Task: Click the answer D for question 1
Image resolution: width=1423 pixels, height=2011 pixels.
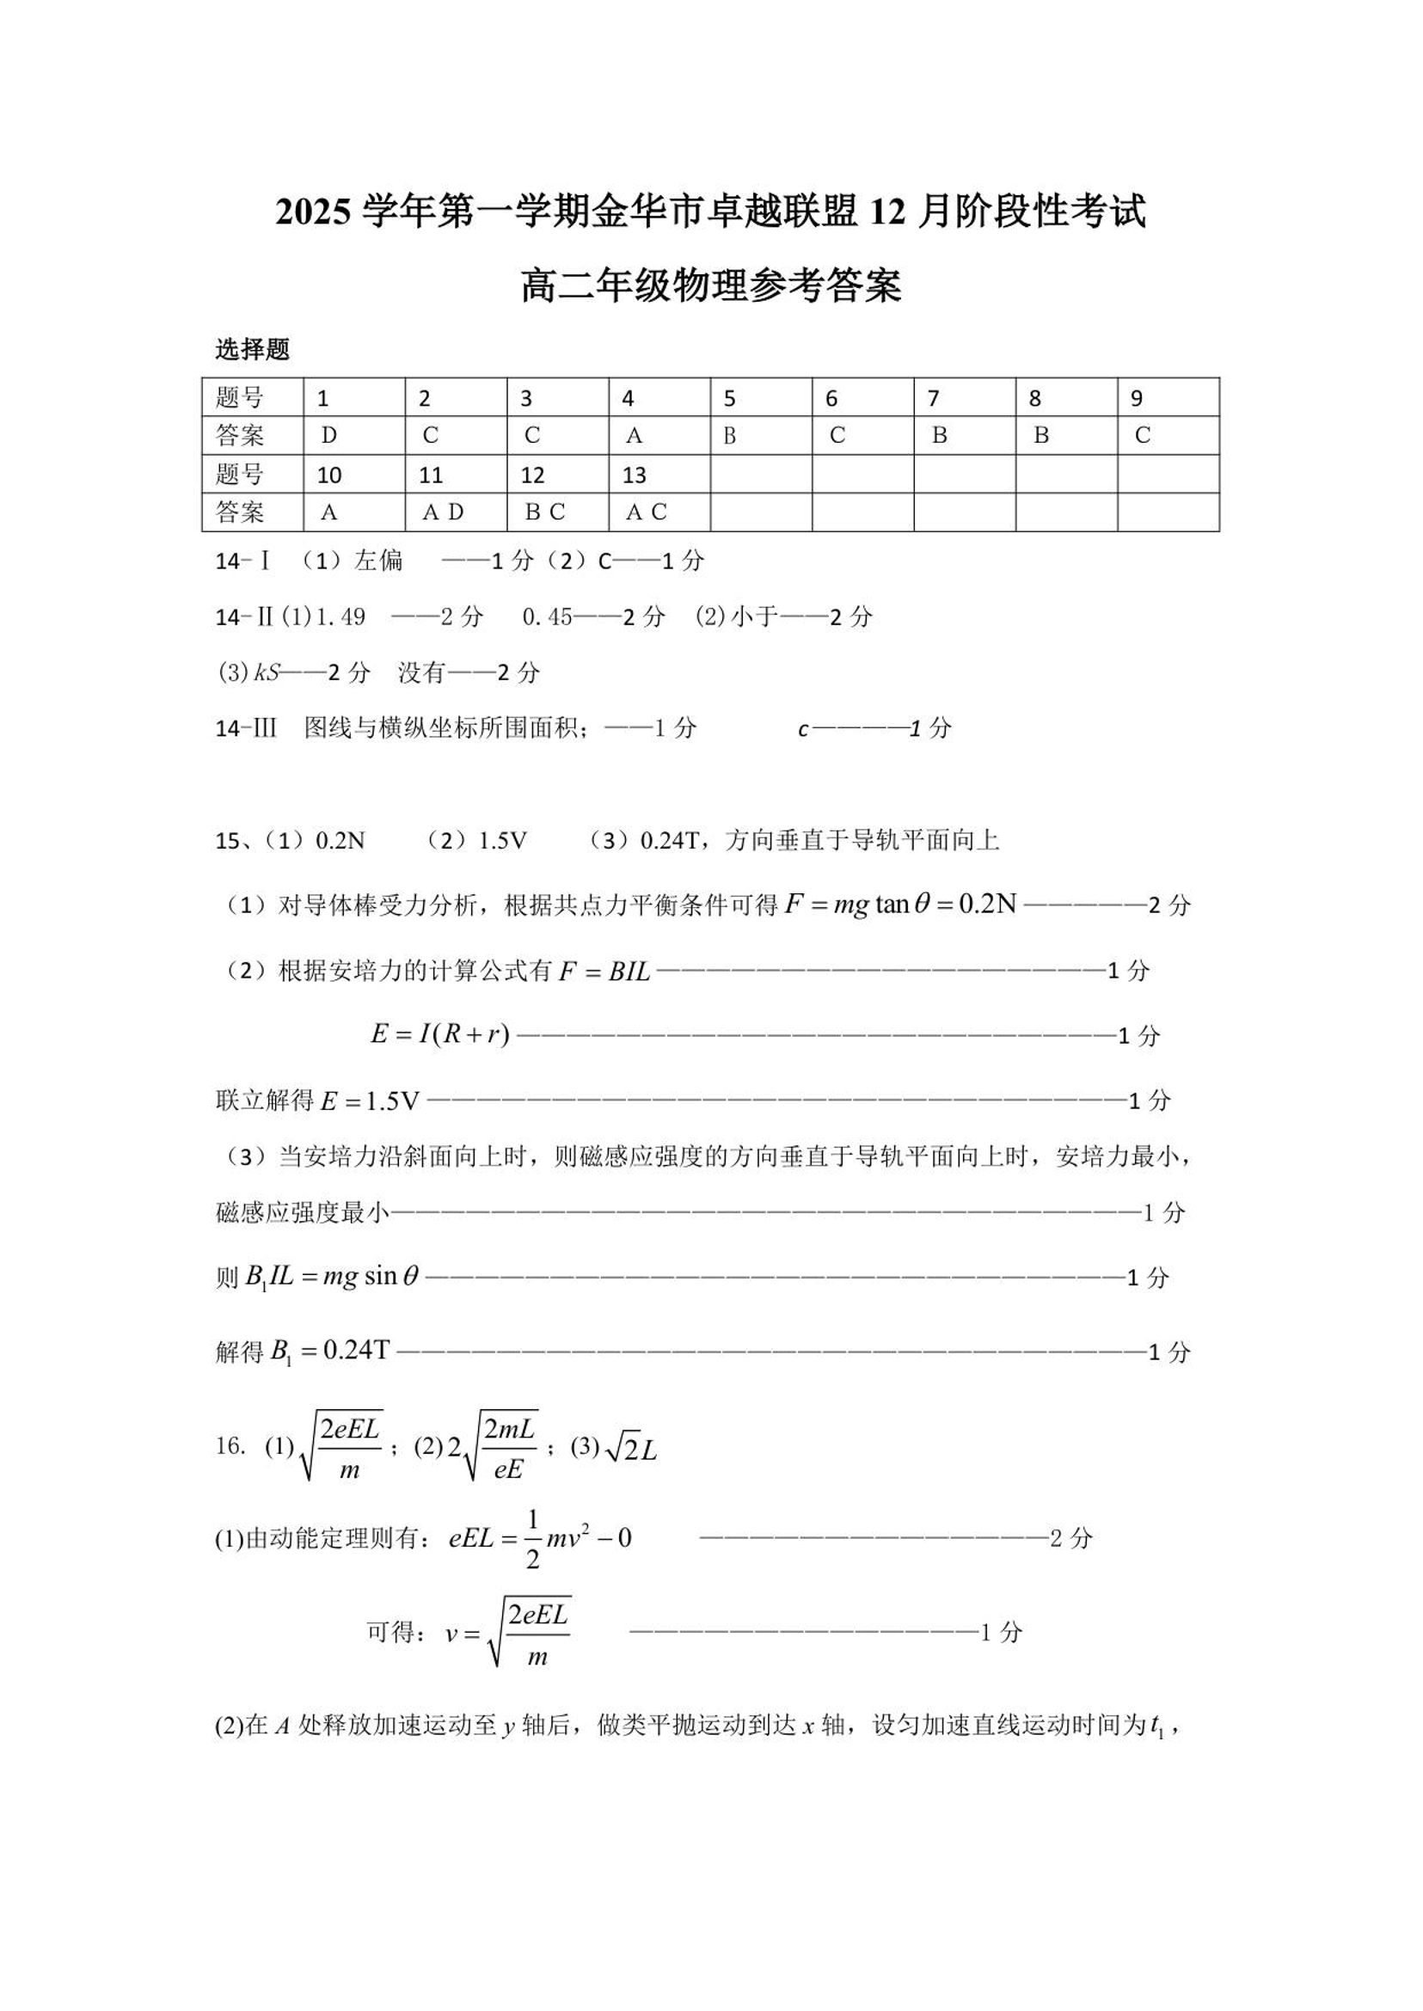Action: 329,436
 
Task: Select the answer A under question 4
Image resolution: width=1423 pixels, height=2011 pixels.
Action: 635,436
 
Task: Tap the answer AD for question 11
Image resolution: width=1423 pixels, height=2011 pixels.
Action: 443,512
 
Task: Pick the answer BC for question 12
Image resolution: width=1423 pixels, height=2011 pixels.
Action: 544,512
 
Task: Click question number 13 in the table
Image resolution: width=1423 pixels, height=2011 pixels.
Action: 634,475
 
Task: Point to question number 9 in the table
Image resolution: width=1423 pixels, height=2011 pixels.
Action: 1137,399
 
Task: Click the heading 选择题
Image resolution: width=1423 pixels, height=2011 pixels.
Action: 252,350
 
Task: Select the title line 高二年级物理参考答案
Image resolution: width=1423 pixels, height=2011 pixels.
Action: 710,286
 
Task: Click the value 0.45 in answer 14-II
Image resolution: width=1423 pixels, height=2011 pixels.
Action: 547,616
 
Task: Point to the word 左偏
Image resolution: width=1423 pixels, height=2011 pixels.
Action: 378,561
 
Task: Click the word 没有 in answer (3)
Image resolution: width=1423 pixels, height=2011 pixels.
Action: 422,673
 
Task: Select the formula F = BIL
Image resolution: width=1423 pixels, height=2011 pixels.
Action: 604,971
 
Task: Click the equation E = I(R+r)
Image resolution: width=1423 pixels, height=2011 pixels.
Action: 440,1035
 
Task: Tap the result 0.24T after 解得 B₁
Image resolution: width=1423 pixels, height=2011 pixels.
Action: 356,1351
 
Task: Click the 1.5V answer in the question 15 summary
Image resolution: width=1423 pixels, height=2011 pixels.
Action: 502,841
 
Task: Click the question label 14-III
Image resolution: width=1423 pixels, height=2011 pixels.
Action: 246,728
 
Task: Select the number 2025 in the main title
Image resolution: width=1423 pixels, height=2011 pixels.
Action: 315,213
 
